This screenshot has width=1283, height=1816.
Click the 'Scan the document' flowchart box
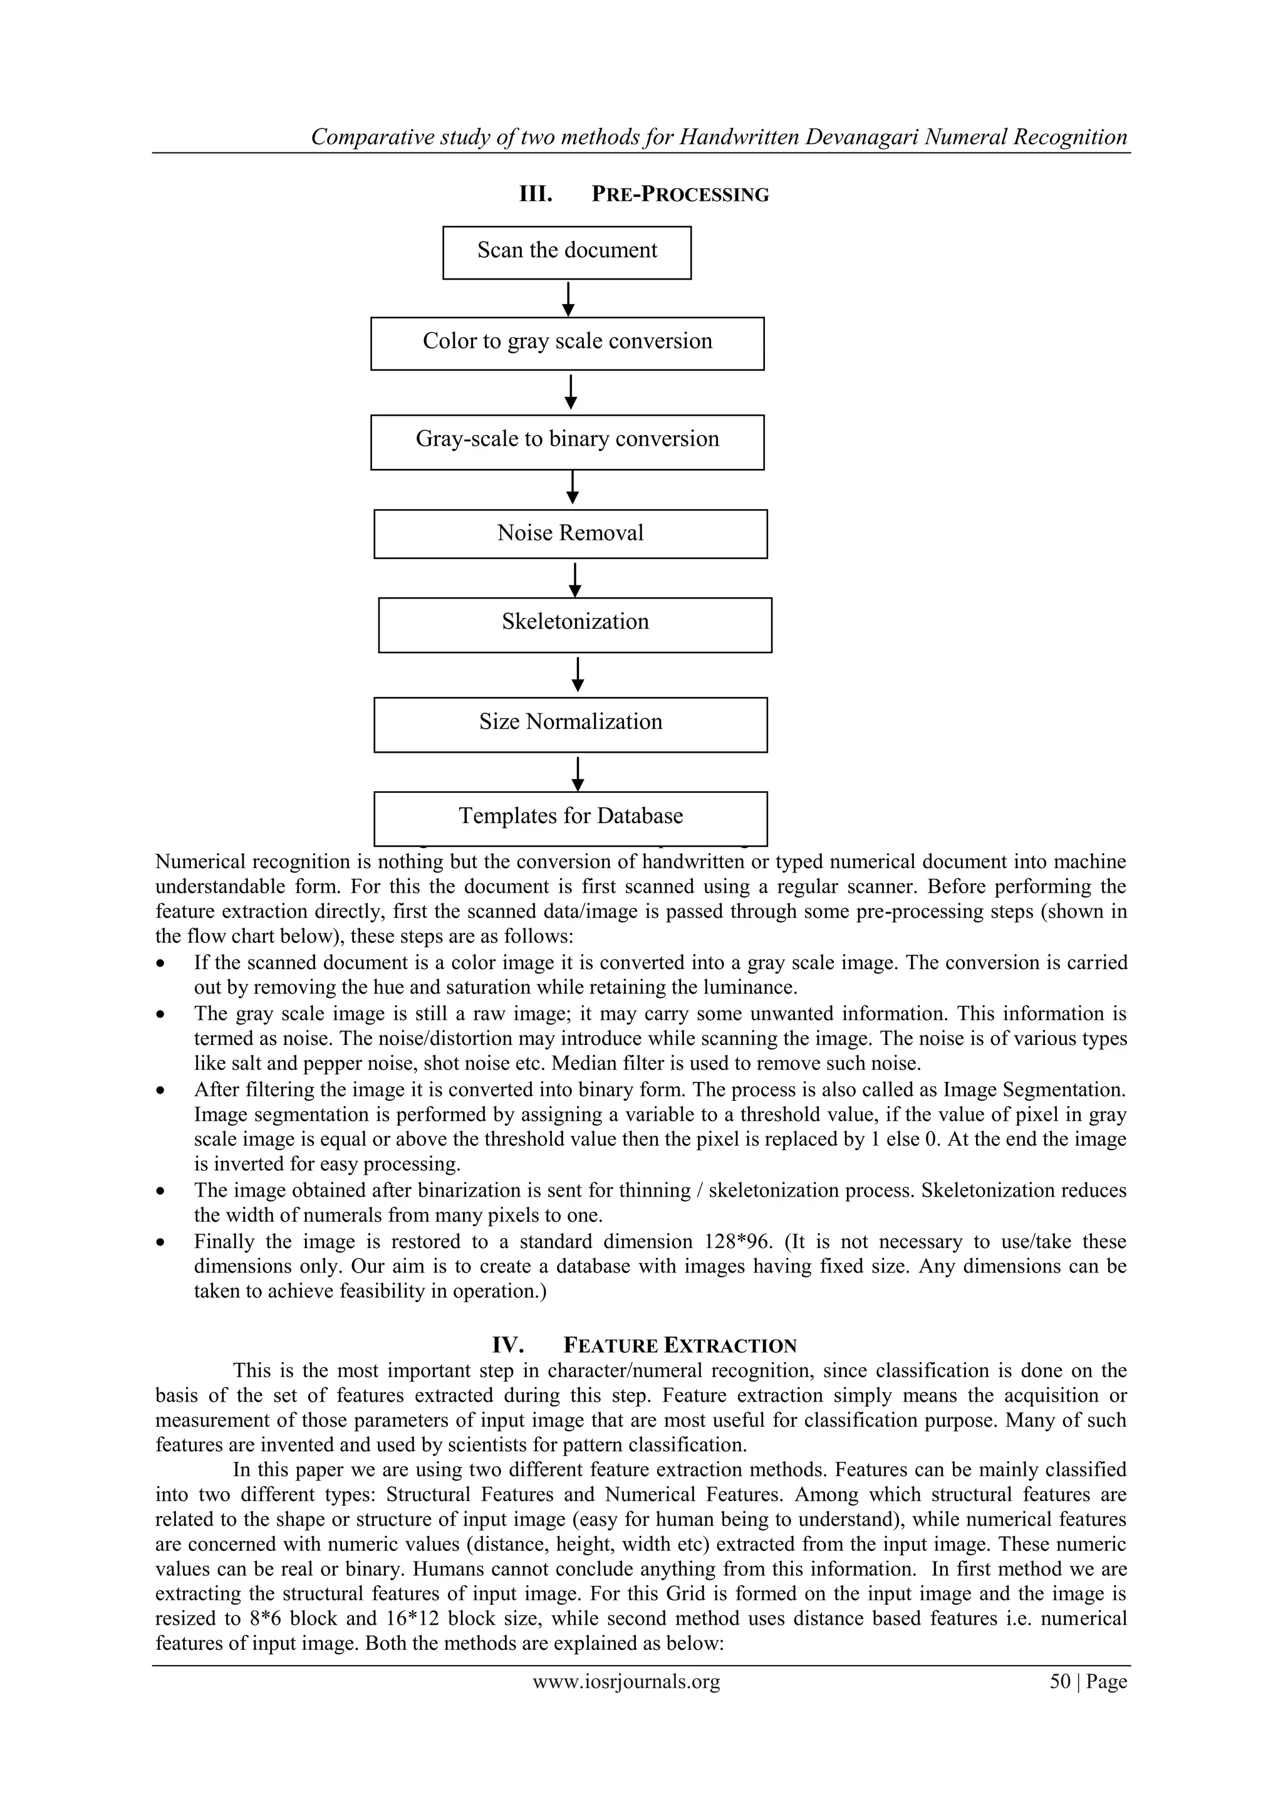567,253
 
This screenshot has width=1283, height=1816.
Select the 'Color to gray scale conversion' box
567,344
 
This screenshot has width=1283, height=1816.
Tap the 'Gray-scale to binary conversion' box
567,441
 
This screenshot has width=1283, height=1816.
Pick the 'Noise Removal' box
570,534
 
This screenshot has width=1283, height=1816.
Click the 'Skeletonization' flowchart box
574,624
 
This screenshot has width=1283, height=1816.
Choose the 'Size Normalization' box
570,724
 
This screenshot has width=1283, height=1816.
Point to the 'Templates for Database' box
570,818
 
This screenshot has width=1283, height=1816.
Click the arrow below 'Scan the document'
568,299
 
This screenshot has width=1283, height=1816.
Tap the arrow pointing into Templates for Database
578,773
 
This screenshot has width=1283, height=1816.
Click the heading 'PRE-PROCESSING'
680,194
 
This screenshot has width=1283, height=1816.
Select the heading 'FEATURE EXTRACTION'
680,1346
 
